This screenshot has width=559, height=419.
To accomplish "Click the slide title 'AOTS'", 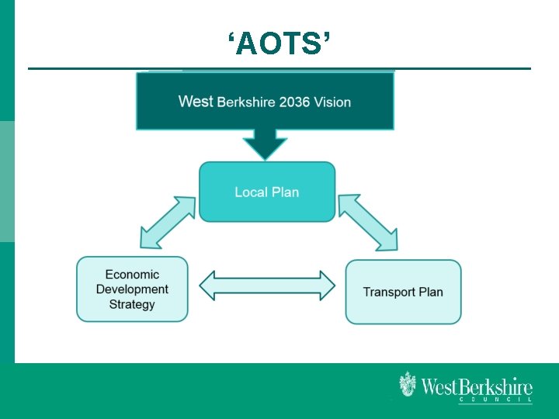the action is [279, 45].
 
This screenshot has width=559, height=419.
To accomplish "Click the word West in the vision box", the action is [196, 102].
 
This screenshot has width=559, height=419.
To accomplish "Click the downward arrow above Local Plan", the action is [265, 143].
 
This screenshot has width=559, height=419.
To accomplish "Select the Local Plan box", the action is [267, 192].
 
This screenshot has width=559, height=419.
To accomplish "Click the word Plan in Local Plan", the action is [285, 192].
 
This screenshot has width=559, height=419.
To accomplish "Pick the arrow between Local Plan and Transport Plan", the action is [368, 223].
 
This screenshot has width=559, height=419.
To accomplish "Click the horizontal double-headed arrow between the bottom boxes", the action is [267, 286].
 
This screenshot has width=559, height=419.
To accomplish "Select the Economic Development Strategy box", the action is [132, 289].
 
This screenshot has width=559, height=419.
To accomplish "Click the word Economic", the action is [132, 275].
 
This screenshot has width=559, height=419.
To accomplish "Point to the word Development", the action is [132, 289].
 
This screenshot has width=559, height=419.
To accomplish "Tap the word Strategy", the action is [132, 304].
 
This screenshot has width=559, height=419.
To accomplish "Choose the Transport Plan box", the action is [403, 292].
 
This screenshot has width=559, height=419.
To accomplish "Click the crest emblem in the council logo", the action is [408, 385].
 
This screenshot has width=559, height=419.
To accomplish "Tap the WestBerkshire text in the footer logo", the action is [477, 386].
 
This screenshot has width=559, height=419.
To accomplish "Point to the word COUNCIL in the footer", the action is [495, 400].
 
